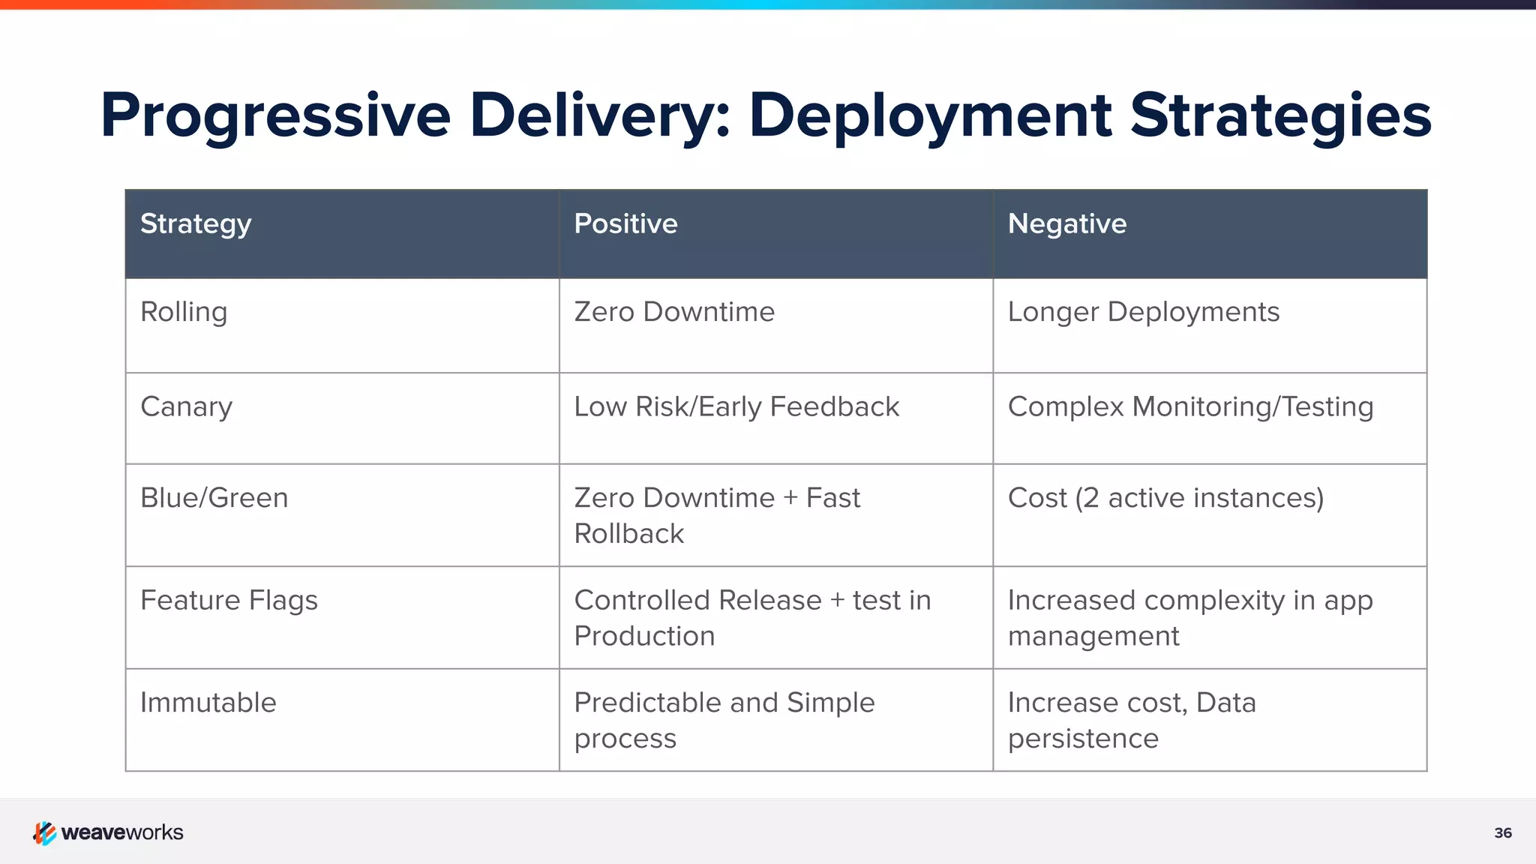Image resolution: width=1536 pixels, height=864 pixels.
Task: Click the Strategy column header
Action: pyautogui.click(x=196, y=224)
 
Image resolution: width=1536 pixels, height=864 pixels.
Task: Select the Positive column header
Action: pyautogui.click(x=625, y=224)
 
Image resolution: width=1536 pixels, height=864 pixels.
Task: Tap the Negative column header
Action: pyautogui.click(x=1066, y=224)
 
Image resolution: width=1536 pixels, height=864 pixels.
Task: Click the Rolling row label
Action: pyautogui.click(x=184, y=312)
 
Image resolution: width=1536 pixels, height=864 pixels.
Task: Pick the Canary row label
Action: pyautogui.click(x=186, y=407)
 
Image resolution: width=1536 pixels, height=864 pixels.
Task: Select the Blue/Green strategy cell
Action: pyautogui.click(x=214, y=498)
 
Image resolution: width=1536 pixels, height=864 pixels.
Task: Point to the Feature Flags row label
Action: pyautogui.click(x=229, y=601)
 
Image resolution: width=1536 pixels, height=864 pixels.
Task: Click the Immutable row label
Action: pyautogui.click(x=208, y=703)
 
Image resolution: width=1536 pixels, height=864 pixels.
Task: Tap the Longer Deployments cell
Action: pyautogui.click(x=1143, y=312)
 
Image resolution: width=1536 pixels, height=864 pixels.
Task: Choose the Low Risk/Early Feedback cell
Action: pyautogui.click(x=736, y=406)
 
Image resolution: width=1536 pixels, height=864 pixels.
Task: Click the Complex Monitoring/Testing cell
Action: pyautogui.click(x=1190, y=406)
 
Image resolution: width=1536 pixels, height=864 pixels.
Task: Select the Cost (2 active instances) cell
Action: pyautogui.click(x=1165, y=498)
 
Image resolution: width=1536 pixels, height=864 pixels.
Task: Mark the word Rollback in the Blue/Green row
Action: pyautogui.click(x=628, y=534)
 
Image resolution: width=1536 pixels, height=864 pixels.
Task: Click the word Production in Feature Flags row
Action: pyautogui.click(x=644, y=636)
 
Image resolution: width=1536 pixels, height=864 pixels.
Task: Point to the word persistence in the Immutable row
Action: pyautogui.click(x=1082, y=739)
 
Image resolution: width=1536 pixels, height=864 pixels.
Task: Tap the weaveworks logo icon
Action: pyautogui.click(x=44, y=832)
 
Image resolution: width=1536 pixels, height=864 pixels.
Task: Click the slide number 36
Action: pyautogui.click(x=1502, y=833)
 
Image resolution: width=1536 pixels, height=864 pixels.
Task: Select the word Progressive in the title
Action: pyautogui.click(x=275, y=115)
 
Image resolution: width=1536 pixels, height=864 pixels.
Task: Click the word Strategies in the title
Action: pyautogui.click(x=1280, y=115)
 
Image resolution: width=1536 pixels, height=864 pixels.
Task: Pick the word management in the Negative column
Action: pyautogui.click(x=1093, y=637)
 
